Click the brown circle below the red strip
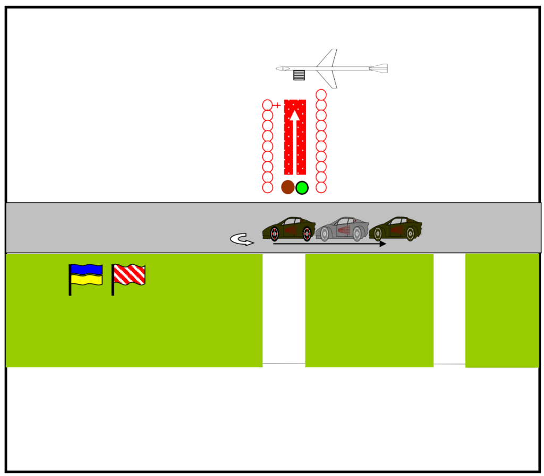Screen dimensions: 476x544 pos(287,187)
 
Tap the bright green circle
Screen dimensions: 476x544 pos(302,187)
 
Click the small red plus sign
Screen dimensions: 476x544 pos(277,106)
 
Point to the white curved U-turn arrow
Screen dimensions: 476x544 pos(242,240)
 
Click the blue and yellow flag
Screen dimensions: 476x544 pos(86,274)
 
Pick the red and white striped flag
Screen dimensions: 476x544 pos(129,275)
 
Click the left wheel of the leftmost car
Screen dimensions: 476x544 pos(274,233)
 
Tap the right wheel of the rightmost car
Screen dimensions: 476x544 pos(410,233)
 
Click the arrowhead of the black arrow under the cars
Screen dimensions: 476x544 pos(382,244)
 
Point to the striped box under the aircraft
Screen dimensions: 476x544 pos(299,75)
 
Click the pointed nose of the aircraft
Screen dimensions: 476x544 pos(278,68)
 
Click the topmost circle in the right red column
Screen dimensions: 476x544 pos(321,94)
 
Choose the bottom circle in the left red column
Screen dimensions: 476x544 pos(268,187)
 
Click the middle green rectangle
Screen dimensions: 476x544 pos(369,310)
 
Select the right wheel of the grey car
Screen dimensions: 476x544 pos(357,233)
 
